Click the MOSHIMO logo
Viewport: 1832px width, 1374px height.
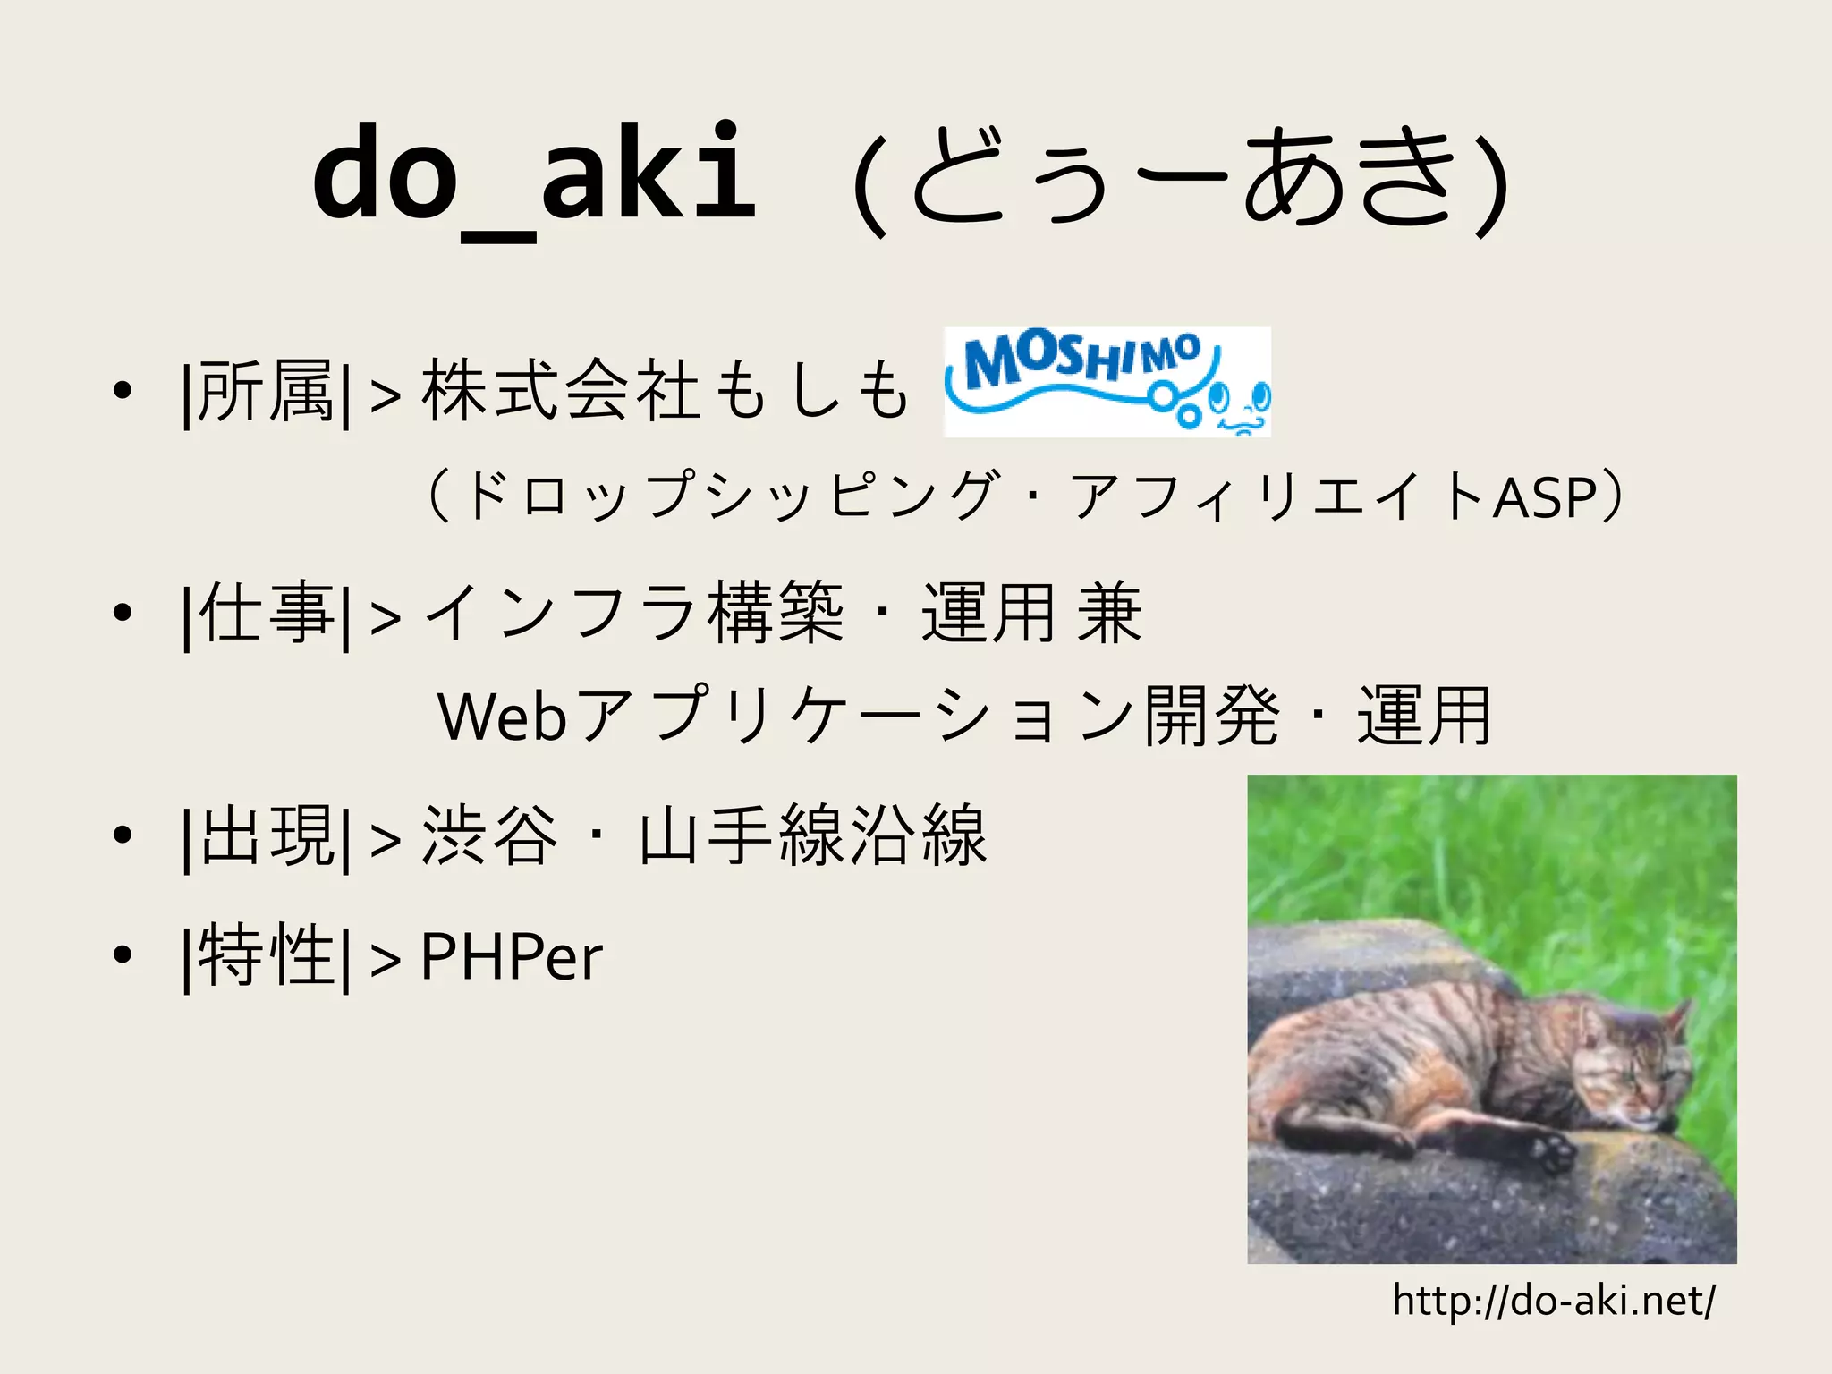pyautogui.click(x=1107, y=381)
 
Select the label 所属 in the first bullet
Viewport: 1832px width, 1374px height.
pyautogui.click(x=266, y=391)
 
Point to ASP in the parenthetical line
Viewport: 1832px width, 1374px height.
pyautogui.click(x=1546, y=498)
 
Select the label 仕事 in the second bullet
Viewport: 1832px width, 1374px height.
pyautogui.click(x=266, y=614)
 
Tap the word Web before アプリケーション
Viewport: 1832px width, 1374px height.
pyautogui.click(x=501, y=717)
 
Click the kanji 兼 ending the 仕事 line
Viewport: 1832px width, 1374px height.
pyautogui.click(x=1109, y=614)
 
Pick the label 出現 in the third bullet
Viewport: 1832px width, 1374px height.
pyautogui.click(x=266, y=836)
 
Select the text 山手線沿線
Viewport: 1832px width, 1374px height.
pyautogui.click(x=812, y=836)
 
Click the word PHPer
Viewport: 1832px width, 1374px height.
pyautogui.click(x=511, y=957)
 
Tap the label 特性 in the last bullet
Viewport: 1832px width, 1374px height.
pyautogui.click(x=266, y=957)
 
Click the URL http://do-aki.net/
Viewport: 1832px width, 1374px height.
pyautogui.click(x=1554, y=1301)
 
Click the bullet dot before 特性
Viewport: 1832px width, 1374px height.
pyautogui.click(x=123, y=955)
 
